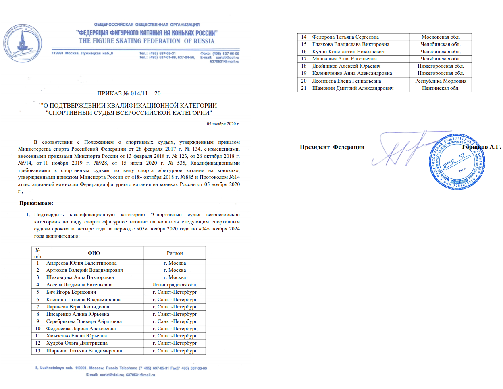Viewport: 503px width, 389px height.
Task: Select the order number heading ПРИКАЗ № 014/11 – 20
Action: (129, 93)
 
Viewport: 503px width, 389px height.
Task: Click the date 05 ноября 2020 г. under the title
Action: (223, 124)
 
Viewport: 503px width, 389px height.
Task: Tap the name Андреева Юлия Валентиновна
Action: (81, 263)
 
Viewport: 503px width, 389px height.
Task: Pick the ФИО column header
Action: (94, 253)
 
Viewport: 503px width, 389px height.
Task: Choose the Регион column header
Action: (175, 253)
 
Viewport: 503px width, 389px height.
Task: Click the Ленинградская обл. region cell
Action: (175, 285)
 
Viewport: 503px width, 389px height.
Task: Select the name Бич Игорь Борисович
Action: (71, 292)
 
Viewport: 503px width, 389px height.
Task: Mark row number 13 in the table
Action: (38, 351)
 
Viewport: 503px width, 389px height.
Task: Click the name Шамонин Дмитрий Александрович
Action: (353, 88)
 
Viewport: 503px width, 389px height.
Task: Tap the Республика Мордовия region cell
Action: (441, 81)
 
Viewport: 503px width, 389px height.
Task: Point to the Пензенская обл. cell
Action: (441, 88)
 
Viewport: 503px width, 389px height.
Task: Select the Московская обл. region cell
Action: (441, 37)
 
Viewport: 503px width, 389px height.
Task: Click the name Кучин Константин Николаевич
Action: (348, 52)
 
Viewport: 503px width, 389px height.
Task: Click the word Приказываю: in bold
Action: (36, 203)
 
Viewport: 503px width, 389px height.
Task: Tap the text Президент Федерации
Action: (332, 147)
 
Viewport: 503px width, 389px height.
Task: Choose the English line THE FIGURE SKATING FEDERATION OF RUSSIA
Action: (147, 41)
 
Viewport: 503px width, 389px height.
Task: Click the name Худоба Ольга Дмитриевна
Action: (77, 343)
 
